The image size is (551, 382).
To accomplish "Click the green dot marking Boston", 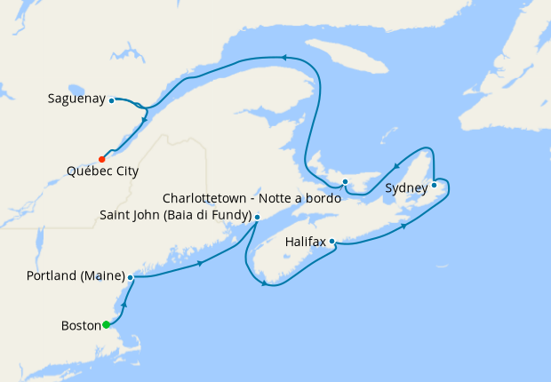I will (x=106, y=325).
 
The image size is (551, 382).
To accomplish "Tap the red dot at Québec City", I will (x=101, y=159).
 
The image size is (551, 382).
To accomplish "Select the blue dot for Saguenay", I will (x=112, y=100).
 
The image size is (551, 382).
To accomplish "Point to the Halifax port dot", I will (x=331, y=241).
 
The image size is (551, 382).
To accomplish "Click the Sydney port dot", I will (x=434, y=185).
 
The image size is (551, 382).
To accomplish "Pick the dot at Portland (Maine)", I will (x=131, y=277).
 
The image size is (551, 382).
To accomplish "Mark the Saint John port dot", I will (x=257, y=217).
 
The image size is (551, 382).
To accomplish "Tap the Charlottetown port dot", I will (x=345, y=181).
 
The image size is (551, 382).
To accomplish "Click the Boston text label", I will (x=80, y=325).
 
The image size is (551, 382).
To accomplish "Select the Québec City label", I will (x=102, y=171).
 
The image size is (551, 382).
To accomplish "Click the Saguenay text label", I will (x=76, y=99).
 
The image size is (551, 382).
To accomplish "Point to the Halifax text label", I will (x=306, y=241).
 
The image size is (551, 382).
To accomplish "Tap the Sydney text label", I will (x=406, y=188).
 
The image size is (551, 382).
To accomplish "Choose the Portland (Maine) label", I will (x=76, y=276).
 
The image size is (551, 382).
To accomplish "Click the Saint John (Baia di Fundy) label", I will (x=175, y=215).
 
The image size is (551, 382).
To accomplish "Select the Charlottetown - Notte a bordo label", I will (x=252, y=197).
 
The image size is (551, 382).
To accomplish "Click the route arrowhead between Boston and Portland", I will (x=123, y=305).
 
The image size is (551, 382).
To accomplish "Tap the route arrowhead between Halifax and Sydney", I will (x=404, y=227).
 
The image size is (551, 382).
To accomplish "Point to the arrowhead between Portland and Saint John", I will (x=200, y=263).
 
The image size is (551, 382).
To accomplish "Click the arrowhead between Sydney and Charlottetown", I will (x=395, y=165).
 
